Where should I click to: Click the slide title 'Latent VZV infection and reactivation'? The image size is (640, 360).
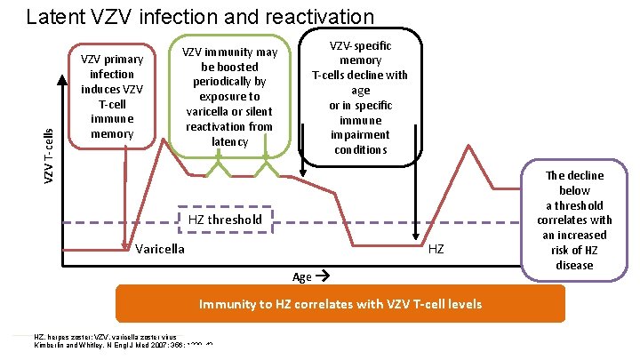[x=200, y=16]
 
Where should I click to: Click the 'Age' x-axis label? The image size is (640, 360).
[x=302, y=276]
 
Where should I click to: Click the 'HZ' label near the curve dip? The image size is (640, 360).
[x=436, y=250]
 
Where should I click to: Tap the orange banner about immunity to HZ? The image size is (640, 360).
[x=340, y=304]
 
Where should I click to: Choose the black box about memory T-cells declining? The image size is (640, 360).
[x=360, y=98]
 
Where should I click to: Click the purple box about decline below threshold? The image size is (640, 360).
[x=574, y=220]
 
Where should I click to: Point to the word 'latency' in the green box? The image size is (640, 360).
[x=230, y=141]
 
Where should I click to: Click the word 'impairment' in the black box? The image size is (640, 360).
[x=360, y=135]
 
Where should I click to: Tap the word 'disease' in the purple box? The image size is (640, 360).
[x=574, y=265]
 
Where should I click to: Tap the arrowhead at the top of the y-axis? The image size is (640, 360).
[x=62, y=75]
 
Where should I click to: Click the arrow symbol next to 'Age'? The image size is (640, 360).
[x=322, y=276]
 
